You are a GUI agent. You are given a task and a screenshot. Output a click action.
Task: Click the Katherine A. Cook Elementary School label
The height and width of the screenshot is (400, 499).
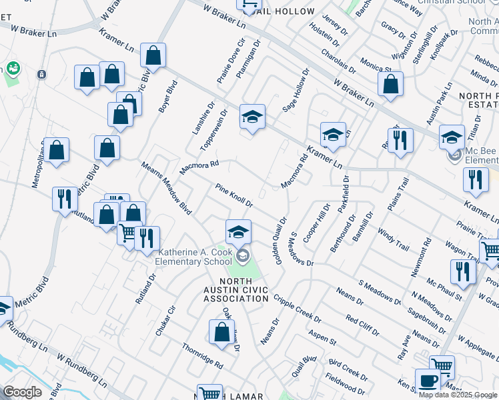pos(198,257)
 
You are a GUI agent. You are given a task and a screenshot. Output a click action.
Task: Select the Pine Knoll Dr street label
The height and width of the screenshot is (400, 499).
pos(234,195)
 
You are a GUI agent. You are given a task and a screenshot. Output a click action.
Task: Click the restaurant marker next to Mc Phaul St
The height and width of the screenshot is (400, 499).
pos(460,271)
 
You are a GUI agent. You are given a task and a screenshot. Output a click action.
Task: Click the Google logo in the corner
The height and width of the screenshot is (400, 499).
pos(22,392)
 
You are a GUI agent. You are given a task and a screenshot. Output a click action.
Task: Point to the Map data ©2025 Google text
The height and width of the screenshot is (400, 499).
pos(458,395)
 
